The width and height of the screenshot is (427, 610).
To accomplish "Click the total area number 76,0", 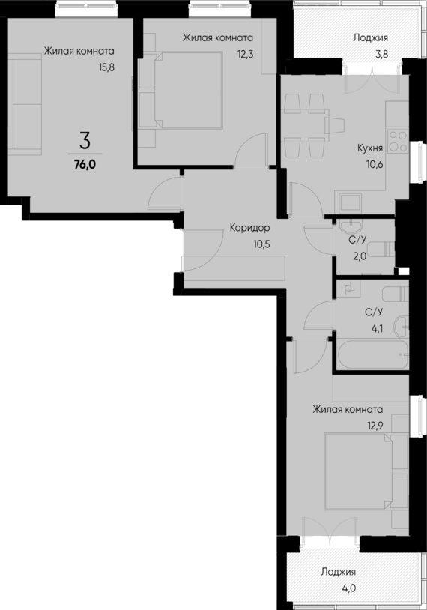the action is [85, 165].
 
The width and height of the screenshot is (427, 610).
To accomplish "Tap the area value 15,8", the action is [106, 67].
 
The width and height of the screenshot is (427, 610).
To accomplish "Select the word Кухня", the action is [370, 148].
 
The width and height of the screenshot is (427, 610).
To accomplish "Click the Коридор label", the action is [249, 228].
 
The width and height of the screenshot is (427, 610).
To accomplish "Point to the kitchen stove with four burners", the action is [398, 141].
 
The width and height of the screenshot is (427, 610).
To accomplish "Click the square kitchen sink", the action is [351, 202].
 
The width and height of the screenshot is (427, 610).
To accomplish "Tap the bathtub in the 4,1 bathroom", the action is [372, 354].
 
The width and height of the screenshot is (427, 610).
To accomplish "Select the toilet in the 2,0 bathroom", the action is [381, 250].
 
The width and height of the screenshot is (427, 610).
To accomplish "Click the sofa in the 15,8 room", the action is [25, 104].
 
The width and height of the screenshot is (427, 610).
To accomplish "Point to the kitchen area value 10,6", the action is [374, 165].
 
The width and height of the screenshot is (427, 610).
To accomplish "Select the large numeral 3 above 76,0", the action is [85, 141].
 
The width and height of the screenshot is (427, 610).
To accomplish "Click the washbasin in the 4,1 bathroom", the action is [402, 327].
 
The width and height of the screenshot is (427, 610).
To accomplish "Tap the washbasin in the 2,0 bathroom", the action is [351, 226].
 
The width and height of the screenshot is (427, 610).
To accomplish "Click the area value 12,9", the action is [375, 426].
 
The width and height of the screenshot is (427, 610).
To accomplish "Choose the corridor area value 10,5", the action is [261, 244].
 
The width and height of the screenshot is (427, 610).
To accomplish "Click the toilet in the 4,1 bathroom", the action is [395, 294].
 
